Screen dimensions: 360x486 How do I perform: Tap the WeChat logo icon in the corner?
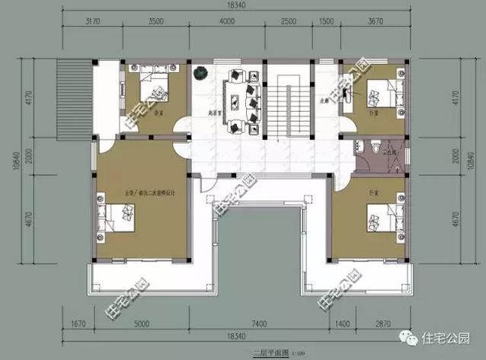[412, 339]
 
